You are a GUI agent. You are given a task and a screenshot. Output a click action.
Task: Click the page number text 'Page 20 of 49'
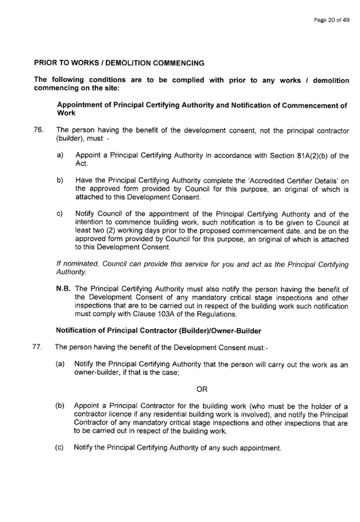[331, 20]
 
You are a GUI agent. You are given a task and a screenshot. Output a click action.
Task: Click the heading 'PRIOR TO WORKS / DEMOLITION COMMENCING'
[119, 63]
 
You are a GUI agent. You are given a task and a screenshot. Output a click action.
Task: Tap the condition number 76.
[38, 130]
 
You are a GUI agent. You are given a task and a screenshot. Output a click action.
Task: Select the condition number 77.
[37, 347]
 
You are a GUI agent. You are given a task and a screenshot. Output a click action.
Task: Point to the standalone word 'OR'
[202, 389]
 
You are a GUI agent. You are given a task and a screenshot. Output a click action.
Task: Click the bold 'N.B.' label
[63, 288]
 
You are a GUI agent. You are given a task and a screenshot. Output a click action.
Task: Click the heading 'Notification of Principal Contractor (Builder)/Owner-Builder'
[158, 331]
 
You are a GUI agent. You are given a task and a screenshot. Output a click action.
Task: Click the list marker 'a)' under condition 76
[60, 155]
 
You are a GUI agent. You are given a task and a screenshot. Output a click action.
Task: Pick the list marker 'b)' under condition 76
[60, 180]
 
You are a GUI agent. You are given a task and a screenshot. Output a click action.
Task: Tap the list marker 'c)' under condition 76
[60, 214]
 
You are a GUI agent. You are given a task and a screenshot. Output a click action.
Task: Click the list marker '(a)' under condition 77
[60, 364]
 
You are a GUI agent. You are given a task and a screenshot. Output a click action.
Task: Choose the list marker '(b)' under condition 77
[60, 406]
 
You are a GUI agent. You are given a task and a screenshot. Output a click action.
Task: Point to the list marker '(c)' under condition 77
[59, 447]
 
